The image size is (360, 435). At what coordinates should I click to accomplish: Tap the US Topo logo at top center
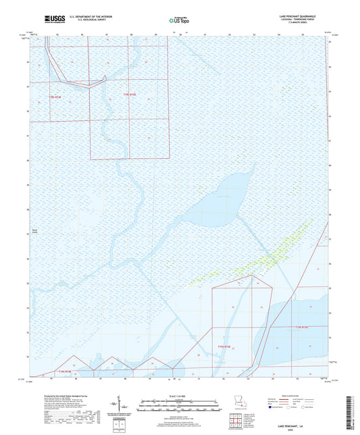pyautogui.click(x=179, y=20)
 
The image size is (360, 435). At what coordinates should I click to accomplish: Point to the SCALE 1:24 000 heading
pyautogui.click(x=180, y=396)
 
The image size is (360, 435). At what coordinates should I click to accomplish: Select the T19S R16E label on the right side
pyautogui.click(x=300, y=326)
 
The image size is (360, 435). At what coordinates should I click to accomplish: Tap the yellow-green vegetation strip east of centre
pyautogui.click(x=270, y=253)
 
